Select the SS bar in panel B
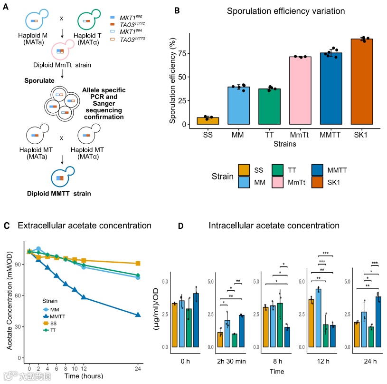point(208,121)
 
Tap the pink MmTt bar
point(300,90)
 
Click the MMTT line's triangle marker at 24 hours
point(138,315)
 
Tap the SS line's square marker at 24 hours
point(138,263)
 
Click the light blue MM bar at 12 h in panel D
point(318,318)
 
